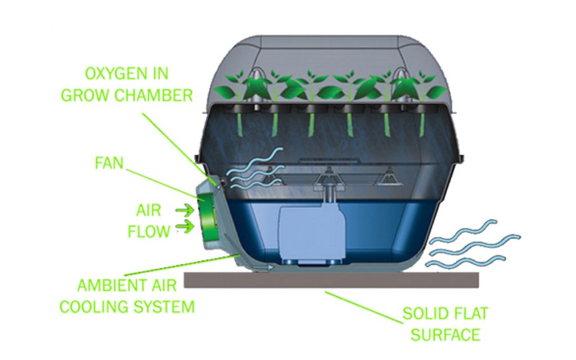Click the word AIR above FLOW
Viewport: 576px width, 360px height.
(148, 210)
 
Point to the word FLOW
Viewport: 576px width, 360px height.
(148, 231)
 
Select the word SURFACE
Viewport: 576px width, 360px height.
(445, 335)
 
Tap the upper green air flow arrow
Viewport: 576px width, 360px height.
(183, 210)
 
